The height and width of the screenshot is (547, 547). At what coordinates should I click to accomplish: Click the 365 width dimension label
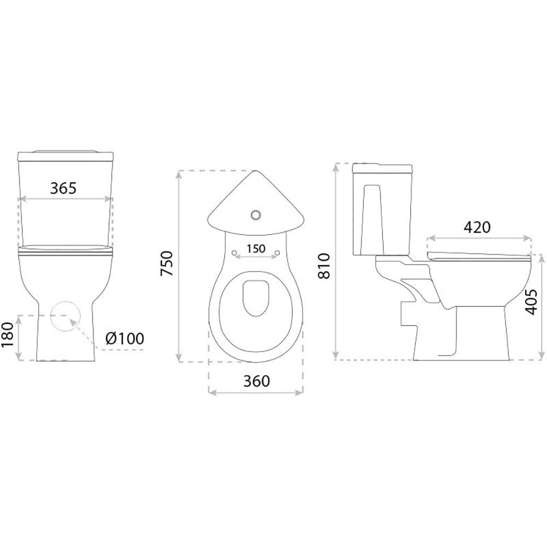pyautogui.click(x=63, y=188)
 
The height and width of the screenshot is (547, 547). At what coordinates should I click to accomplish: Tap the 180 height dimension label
pyautogui.click(x=7, y=334)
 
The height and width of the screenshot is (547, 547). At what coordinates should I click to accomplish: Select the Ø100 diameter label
pyautogui.click(x=125, y=339)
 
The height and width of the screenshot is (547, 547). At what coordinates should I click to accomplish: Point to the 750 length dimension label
pyautogui.click(x=167, y=264)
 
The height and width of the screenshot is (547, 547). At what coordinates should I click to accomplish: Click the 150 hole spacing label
pyautogui.click(x=256, y=249)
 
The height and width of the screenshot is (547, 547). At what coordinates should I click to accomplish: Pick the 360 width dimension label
pyautogui.click(x=257, y=381)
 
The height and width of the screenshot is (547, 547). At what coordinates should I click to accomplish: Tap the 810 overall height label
pyautogui.click(x=324, y=266)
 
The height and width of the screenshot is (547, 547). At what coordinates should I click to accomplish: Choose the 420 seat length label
pyautogui.click(x=477, y=228)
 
